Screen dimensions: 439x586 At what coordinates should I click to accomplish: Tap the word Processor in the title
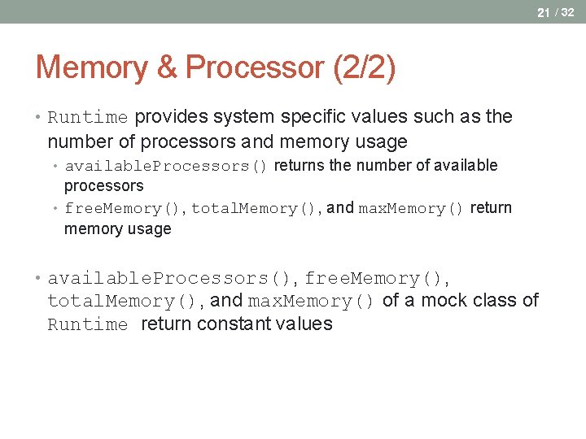click(x=255, y=67)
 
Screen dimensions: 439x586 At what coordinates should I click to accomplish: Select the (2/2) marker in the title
click(x=364, y=67)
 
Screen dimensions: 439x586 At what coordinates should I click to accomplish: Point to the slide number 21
click(x=543, y=12)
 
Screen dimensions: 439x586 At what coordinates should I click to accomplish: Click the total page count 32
click(x=567, y=12)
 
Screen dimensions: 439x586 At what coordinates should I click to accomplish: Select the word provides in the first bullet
click(x=170, y=117)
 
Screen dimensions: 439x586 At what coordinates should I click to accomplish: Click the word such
click(x=435, y=117)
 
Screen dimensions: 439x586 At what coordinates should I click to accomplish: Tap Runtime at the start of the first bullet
click(x=88, y=118)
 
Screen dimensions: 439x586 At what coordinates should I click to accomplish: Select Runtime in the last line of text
click(x=88, y=325)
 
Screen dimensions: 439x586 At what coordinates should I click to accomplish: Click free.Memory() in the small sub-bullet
click(x=125, y=209)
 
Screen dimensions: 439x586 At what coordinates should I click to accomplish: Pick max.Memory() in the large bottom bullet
click(x=312, y=302)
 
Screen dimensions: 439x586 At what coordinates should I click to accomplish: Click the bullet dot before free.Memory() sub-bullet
click(x=57, y=208)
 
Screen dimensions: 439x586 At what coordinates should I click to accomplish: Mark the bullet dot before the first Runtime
click(x=39, y=117)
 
